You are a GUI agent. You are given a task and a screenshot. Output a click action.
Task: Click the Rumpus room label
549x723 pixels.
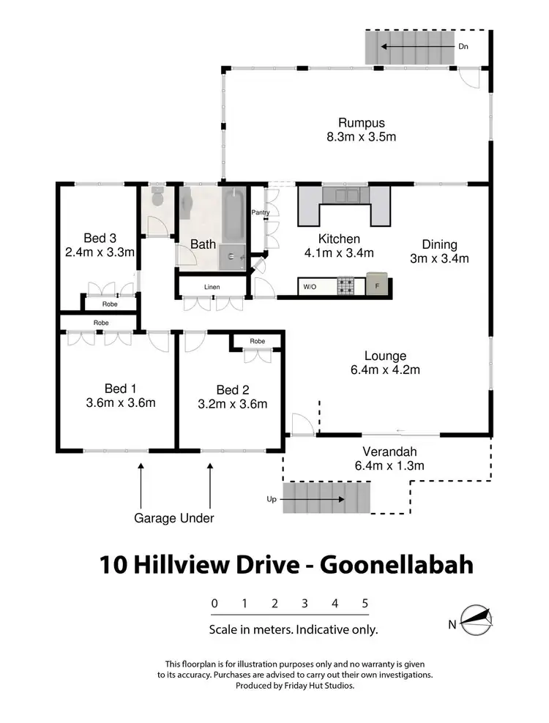point(361,123)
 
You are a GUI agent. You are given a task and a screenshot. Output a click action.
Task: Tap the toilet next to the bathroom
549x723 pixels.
point(157,198)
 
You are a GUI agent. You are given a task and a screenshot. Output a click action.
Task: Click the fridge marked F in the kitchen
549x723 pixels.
point(378,286)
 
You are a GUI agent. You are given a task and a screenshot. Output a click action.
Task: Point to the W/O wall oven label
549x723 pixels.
point(310,287)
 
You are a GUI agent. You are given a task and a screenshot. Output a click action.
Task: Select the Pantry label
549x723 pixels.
point(261,213)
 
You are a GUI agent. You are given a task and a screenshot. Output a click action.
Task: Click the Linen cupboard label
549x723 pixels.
point(213,287)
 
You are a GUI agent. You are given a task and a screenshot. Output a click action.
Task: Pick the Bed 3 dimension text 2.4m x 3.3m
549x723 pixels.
point(100,252)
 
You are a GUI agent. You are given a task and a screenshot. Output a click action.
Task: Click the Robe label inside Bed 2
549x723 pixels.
point(257,341)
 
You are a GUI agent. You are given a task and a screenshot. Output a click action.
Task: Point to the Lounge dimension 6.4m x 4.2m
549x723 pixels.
point(385,370)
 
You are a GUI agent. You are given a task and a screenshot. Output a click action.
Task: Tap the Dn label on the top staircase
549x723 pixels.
point(463,47)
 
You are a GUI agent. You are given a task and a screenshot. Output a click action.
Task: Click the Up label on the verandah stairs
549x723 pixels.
point(272,499)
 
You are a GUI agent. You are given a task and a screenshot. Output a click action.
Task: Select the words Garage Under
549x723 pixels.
point(173,518)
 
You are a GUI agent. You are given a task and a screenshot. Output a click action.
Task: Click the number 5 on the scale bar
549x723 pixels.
point(365,604)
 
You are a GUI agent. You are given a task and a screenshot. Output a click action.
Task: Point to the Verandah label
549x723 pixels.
point(389,451)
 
